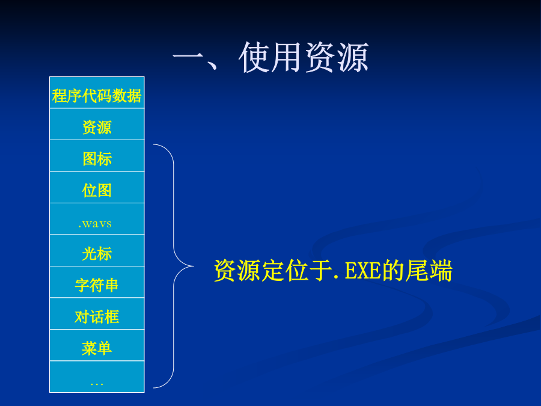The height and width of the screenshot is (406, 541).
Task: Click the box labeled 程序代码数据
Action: (x=97, y=93)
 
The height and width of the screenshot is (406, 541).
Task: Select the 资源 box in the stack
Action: (x=97, y=125)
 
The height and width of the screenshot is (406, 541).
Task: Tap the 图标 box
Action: (x=97, y=156)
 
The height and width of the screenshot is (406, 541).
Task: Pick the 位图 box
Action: (x=97, y=188)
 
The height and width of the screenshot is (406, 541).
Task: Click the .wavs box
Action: (x=97, y=219)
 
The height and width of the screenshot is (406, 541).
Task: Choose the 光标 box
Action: (x=97, y=251)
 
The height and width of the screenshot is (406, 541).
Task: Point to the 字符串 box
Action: (x=97, y=282)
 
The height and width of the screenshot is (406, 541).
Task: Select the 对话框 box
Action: (x=97, y=314)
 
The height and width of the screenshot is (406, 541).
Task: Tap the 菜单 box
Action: (x=97, y=345)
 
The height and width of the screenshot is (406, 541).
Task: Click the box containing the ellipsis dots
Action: (x=97, y=377)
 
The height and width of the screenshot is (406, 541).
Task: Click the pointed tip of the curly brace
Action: (x=194, y=266)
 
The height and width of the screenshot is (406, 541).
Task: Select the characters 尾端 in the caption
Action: (x=429, y=271)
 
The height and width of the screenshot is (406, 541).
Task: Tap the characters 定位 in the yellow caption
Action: (x=285, y=271)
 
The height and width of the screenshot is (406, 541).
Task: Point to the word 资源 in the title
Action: (x=337, y=57)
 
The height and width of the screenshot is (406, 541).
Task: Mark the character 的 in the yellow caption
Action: (x=393, y=271)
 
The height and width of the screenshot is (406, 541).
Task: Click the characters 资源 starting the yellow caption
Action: (x=237, y=271)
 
